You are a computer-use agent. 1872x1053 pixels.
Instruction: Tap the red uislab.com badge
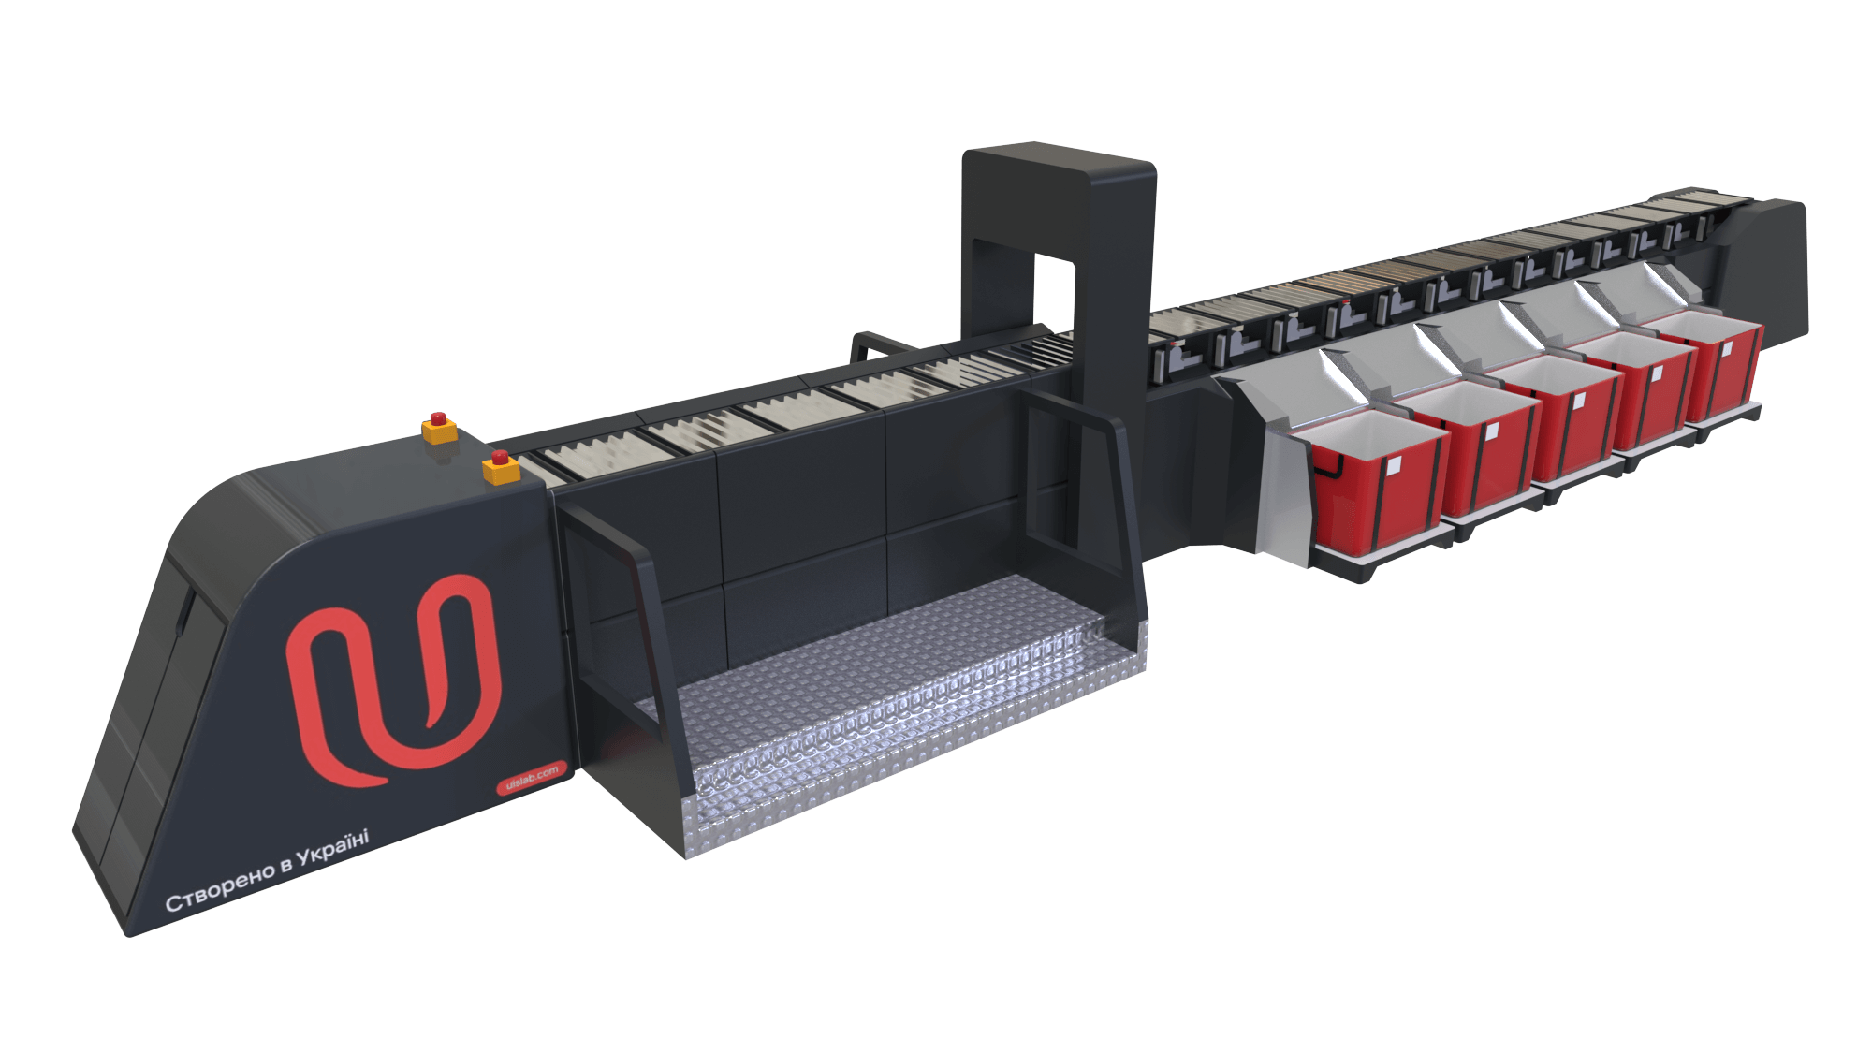pos(532,778)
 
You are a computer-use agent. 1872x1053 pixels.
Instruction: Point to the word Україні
pos(333,848)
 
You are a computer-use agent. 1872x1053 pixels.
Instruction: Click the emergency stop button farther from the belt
pos(439,428)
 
